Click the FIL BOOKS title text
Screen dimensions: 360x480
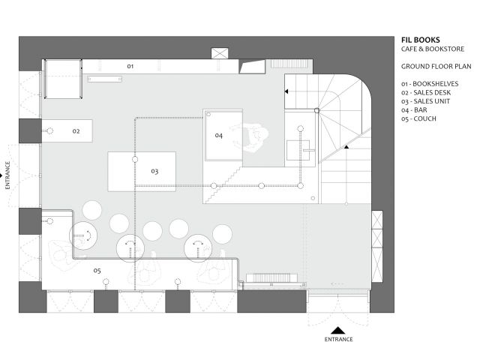421,40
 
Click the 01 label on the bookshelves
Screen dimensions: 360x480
130,67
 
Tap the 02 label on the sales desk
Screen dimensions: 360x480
76,131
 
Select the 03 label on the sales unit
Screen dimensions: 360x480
154,172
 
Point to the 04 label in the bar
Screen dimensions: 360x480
218,136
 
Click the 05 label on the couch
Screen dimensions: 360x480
97,270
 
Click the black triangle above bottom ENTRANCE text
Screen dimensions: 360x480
339,329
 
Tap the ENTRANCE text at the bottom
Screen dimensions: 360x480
339,340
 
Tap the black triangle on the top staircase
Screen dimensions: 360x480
286,91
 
